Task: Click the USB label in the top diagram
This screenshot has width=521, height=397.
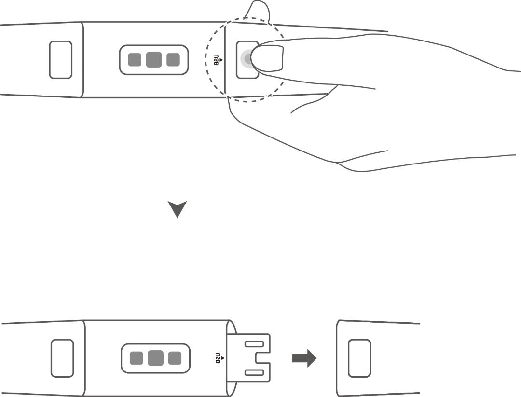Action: pos(216,60)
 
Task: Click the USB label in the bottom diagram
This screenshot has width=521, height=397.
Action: pos(218,358)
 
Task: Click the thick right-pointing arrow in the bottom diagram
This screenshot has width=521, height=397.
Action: pos(304,358)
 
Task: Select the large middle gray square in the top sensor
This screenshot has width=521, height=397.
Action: pos(154,60)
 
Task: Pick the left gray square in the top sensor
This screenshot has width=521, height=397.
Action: pos(135,60)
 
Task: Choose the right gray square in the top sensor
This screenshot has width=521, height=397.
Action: pos(173,60)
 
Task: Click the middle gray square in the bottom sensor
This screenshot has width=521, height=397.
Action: pos(155,358)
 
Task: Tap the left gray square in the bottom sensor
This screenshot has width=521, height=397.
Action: pos(136,358)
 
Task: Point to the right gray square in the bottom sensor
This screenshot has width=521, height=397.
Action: pos(175,358)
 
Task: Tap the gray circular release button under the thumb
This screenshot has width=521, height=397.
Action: pos(246,59)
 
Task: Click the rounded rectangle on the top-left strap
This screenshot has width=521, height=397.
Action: pos(61,60)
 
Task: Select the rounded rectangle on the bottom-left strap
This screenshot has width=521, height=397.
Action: pos(62,358)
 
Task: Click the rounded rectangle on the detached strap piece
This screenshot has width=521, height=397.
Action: pos(359,358)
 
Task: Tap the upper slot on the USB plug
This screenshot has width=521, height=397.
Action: pos(254,344)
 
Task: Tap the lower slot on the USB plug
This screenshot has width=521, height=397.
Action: pos(254,372)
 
